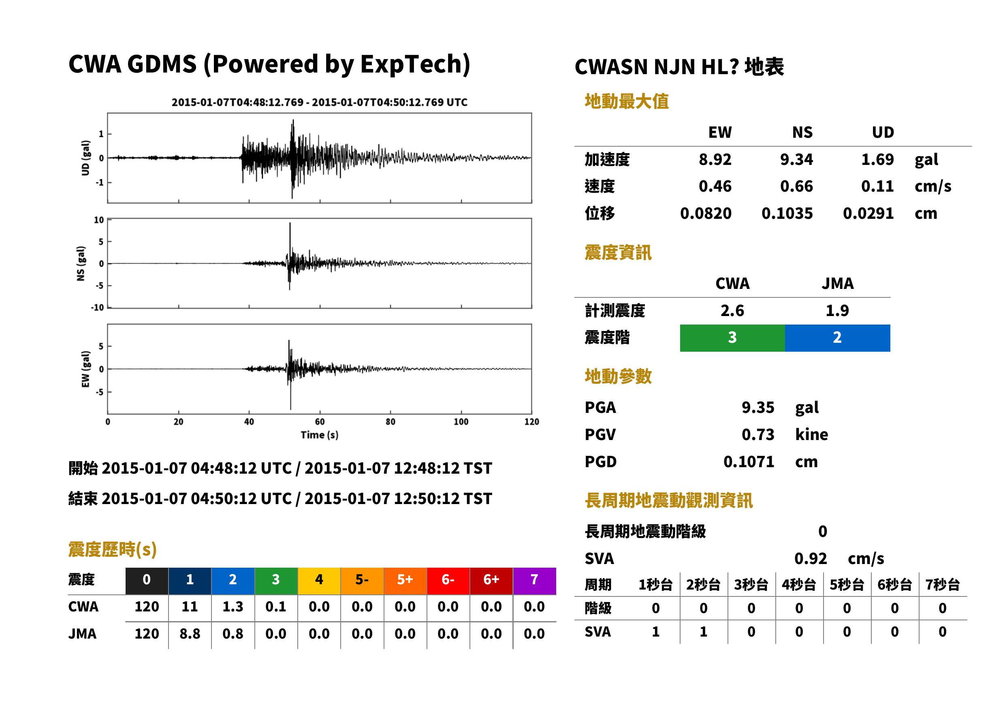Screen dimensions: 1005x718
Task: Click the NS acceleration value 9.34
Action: pyautogui.click(x=796, y=160)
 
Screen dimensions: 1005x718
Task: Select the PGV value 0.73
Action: pyautogui.click(x=757, y=435)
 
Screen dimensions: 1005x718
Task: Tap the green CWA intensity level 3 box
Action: pyautogui.click(x=732, y=338)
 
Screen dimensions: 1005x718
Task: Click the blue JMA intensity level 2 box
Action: pyautogui.click(x=838, y=338)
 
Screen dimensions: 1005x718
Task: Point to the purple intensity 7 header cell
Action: pyautogui.click(x=534, y=581)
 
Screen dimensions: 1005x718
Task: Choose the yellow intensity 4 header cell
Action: pyautogui.click(x=319, y=581)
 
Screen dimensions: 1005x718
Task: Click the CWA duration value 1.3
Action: pyautogui.click(x=233, y=607)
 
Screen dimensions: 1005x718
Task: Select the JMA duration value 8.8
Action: pyautogui.click(x=190, y=634)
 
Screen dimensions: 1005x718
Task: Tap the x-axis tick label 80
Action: pyautogui.click(x=390, y=422)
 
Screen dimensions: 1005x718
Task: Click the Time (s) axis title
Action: pyautogui.click(x=320, y=435)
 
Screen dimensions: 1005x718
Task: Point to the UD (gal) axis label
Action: pyautogui.click(x=85, y=158)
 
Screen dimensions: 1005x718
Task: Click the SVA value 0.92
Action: pyautogui.click(x=811, y=559)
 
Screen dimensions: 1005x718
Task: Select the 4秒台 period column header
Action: pyautogui.click(x=798, y=585)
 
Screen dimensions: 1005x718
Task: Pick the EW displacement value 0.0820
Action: pyautogui.click(x=706, y=214)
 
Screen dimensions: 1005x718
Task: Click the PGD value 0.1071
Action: pyautogui.click(x=749, y=462)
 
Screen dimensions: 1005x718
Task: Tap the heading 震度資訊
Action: pyautogui.click(x=618, y=253)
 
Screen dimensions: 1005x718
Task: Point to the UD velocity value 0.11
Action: pyautogui.click(x=877, y=186)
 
